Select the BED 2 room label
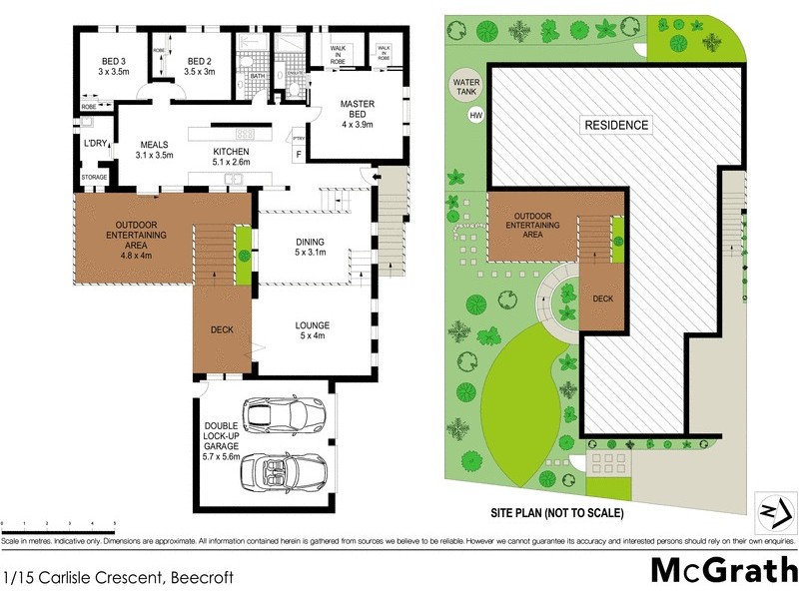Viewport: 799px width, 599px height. click(x=200, y=66)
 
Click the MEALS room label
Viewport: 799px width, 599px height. click(x=155, y=150)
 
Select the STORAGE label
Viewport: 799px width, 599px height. click(x=95, y=178)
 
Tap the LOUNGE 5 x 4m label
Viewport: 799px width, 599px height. click(x=312, y=330)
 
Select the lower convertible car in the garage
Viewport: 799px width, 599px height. click(x=287, y=470)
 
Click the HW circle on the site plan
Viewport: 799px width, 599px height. click(x=475, y=116)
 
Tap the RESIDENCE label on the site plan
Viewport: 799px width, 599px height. click(x=616, y=125)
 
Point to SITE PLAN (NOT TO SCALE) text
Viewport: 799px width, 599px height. click(x=556, y=514)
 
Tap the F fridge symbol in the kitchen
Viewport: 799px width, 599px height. click(x=299, y=153)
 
